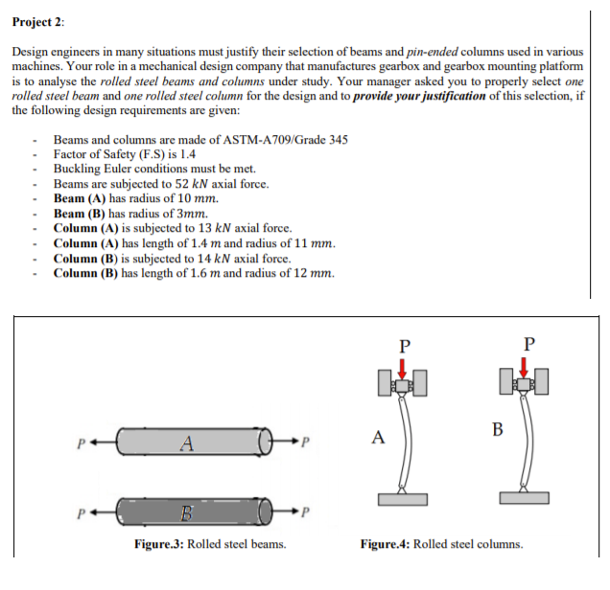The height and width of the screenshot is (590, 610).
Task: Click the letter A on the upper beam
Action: tap(189, 443)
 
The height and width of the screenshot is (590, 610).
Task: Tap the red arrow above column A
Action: tap(403, 368)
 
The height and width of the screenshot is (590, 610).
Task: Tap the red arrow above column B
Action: tap(524, 368)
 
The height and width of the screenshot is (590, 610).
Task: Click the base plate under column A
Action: tap(403, 499)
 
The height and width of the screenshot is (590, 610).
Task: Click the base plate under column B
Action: tap(524, 499)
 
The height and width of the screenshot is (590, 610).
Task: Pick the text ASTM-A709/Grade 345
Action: tap(284, 140)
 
